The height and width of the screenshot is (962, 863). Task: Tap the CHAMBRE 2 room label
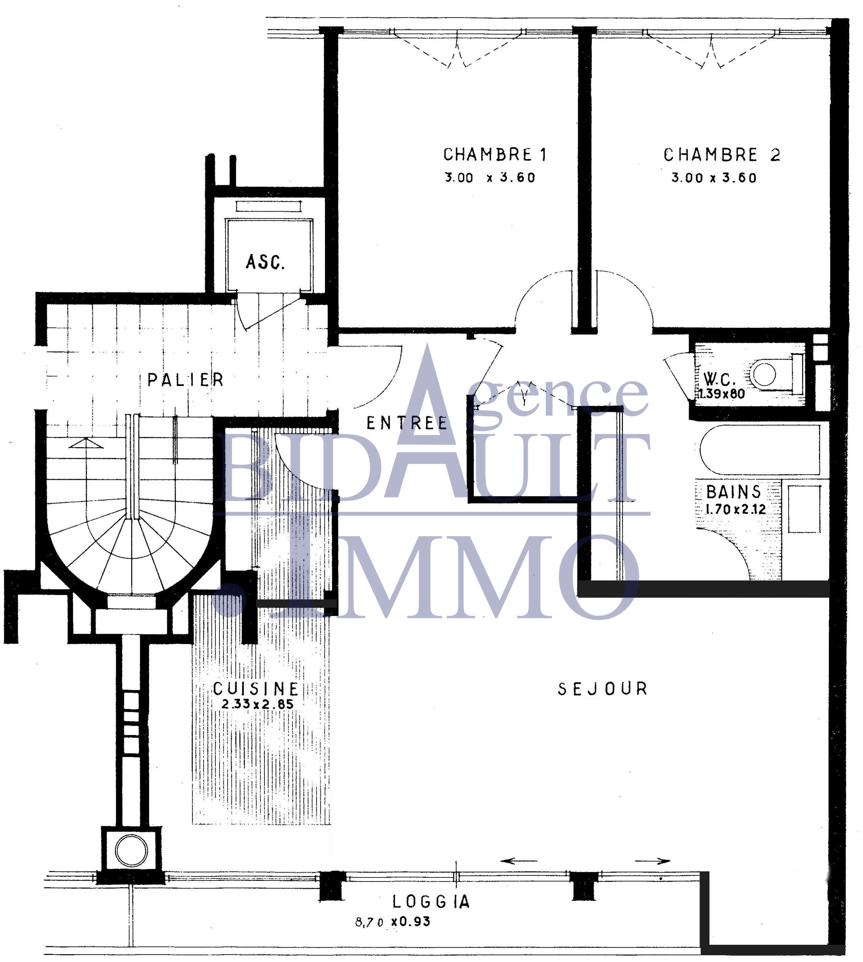722,155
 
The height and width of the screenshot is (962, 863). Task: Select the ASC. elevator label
265,262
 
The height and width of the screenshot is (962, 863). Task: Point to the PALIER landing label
185,380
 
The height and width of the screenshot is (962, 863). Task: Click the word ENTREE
407,423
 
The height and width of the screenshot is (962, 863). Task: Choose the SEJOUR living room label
602,689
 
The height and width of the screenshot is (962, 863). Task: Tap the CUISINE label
255,688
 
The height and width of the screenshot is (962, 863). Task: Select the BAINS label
733,492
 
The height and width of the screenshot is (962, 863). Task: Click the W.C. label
719,379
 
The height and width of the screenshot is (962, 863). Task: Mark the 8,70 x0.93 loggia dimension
393,922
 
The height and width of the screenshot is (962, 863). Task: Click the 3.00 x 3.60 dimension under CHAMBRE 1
490,177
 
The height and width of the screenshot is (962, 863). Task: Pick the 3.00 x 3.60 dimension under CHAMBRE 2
713,178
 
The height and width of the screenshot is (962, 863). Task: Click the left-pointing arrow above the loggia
519,861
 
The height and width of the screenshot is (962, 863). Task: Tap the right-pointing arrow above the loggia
653,861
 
